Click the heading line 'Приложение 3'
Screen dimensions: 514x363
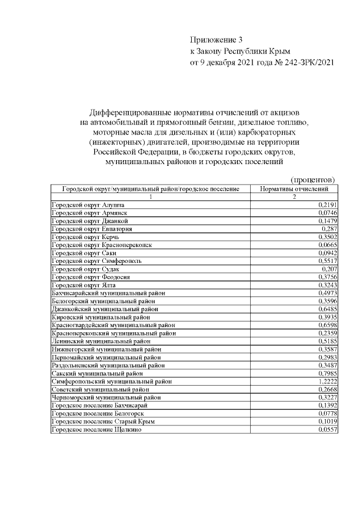(216, 40)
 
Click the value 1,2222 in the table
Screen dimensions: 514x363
(328, 382)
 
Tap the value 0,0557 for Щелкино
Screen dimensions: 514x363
(328, 430)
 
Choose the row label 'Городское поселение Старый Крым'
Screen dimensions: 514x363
(103, 422)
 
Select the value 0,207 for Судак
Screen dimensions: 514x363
(330, 268)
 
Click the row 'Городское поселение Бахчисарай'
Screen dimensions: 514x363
(99, 406)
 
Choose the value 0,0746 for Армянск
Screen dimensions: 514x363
(328, 212)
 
